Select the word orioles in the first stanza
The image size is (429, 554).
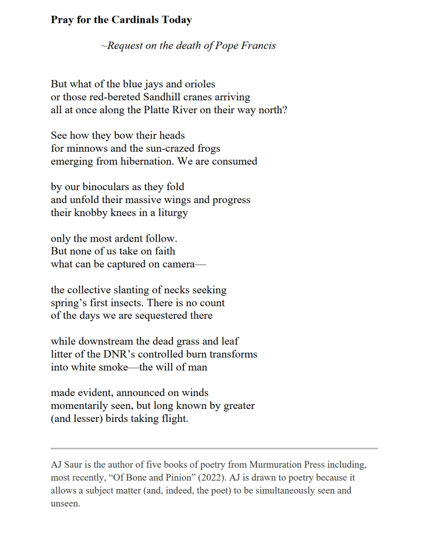[198, 84]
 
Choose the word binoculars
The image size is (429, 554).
[103, 187]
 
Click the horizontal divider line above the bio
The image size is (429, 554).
[214, 448]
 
